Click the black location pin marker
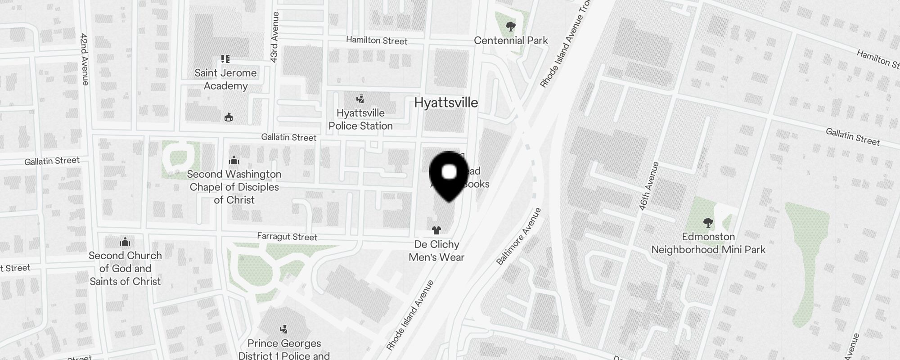[449, 175]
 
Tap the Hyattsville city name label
[445, 103]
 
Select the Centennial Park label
[511, 40]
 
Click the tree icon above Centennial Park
[510, 27]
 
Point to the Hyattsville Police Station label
[360, 119]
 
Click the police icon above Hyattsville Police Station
[360, 99]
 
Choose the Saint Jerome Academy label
[225, 79]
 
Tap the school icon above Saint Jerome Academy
[225, 59]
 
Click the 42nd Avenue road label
[84, 59]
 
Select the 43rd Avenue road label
[274, 37]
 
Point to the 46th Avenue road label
[648, 186]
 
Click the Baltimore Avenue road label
[518, 237]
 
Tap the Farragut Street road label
[287, 237]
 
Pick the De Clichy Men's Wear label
[436, 251]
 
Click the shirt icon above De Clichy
[436, 230]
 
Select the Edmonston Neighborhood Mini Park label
[708, 243]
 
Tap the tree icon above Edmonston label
[708, 222]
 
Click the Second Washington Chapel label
[234, 187]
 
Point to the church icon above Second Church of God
[125, 242]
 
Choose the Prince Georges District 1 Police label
[284, 349]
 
